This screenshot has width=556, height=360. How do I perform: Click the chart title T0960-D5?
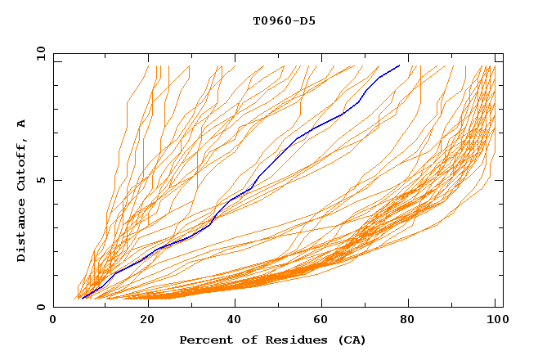(x=285, y=20)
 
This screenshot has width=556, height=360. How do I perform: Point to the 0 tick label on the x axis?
(x=53, y=320)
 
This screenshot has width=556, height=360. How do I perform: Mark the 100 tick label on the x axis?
(x=496, y=320)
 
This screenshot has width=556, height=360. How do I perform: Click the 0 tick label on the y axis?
(x=41, y=307)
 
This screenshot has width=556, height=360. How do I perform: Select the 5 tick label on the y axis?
(x=41, y=180)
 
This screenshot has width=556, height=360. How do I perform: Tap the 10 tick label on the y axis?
(x=38, y=53)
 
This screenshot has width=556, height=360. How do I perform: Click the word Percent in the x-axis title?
(x=206, y=340)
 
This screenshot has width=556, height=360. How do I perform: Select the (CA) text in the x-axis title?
(x=349, y=340)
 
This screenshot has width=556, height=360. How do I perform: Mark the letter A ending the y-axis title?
(x=22, y=124)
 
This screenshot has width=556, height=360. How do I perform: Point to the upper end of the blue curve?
(x=399, y=65)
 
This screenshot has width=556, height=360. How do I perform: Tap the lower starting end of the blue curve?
(x=83, y=298)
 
